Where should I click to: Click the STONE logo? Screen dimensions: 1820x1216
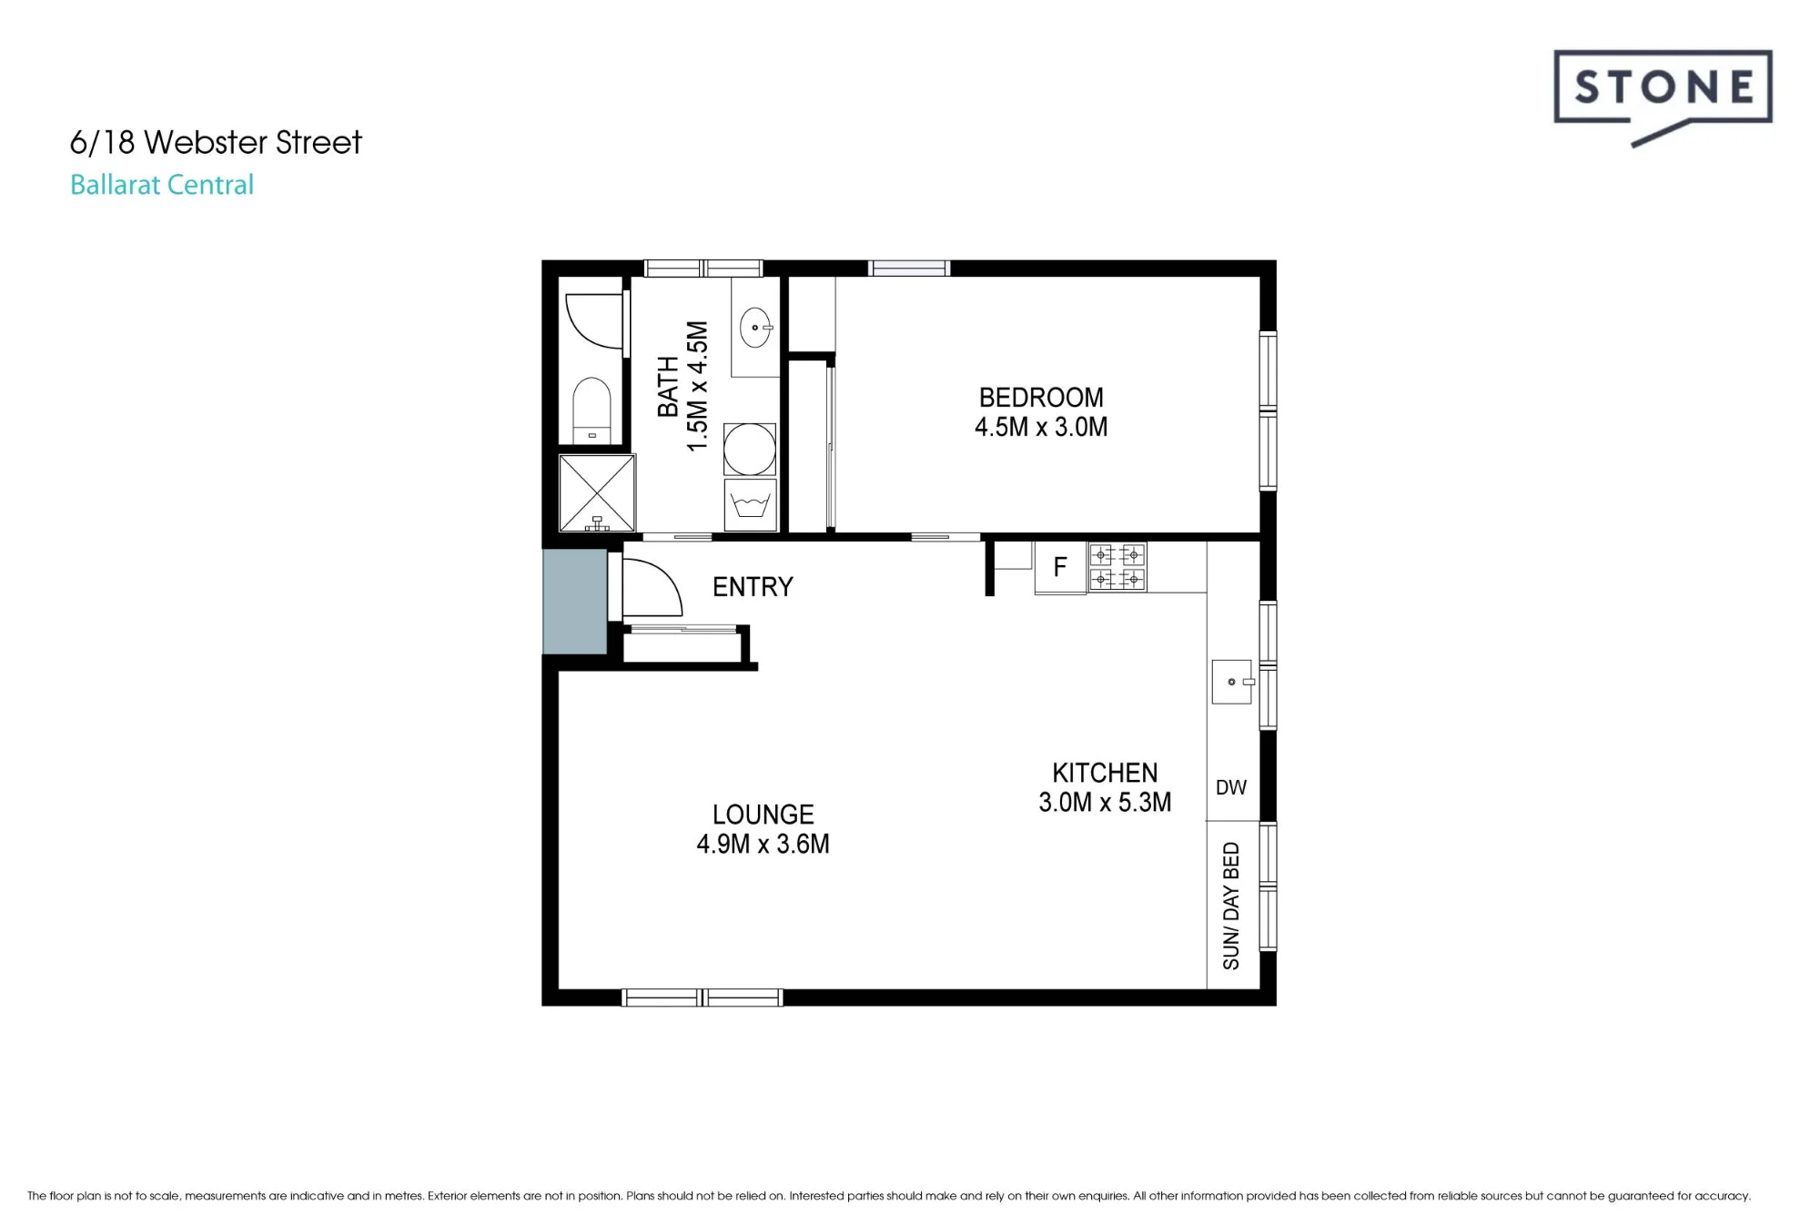coord(1663,96)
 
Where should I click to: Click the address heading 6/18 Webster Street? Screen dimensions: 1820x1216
coord(216,142)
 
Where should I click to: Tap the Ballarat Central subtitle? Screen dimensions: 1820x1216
coord(162,185)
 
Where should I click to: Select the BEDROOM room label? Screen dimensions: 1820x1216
coord(1041,398)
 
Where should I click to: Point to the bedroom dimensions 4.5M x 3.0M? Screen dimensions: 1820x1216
coord(1041,427)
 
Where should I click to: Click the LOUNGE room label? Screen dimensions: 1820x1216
coord(763,815)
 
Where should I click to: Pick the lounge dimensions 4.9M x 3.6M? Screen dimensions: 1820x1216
coord(763,844)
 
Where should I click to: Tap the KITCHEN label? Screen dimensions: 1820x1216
coord(1105,773)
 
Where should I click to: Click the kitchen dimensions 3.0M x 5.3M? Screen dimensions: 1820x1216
coord(1105,802)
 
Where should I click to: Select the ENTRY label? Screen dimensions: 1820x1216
coord(753,587)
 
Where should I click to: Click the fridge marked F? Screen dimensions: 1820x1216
coord(1060,568)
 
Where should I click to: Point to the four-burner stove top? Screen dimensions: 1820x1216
coord(1117,566)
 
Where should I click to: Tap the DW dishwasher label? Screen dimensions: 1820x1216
coord(1231,787)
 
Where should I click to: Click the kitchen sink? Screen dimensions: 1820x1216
coord(1232,682)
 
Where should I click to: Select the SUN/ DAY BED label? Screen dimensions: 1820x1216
coord(1231,906)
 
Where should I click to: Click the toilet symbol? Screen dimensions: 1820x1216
coord(592,410)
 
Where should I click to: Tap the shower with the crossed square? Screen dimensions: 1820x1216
coord(596,492)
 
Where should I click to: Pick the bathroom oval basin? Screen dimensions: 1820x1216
coord(755,328)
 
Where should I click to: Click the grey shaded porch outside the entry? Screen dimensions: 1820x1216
coord(575,602)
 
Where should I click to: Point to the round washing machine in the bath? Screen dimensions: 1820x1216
coord(750,449)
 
